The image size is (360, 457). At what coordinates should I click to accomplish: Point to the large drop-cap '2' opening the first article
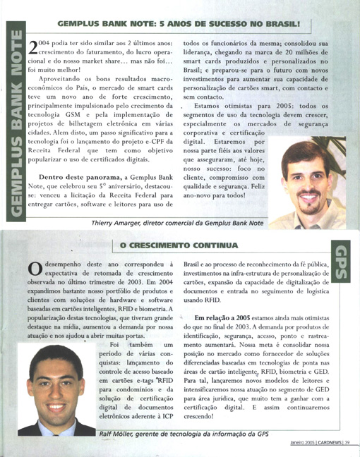[32, 49]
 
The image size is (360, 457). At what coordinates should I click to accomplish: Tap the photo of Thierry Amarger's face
[306, 180]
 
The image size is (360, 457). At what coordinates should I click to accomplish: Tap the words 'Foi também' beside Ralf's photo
[131, 345]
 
